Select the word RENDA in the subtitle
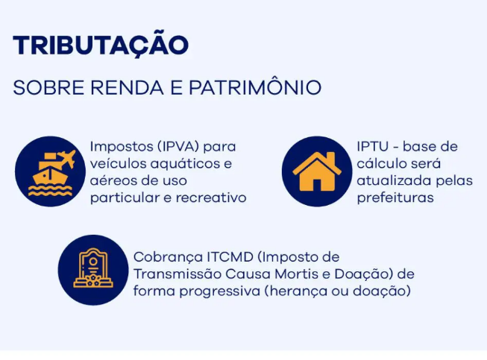pos(127,87)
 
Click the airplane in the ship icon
pos(67,158)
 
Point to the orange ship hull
pos(50,177)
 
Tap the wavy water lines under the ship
pos(50,191)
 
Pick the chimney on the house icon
pos(331,158)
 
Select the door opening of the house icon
pos(317,186)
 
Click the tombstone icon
pos(93,268)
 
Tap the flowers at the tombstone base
pos(93,280)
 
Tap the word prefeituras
pos(395,198)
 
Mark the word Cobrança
pos(168,258)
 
